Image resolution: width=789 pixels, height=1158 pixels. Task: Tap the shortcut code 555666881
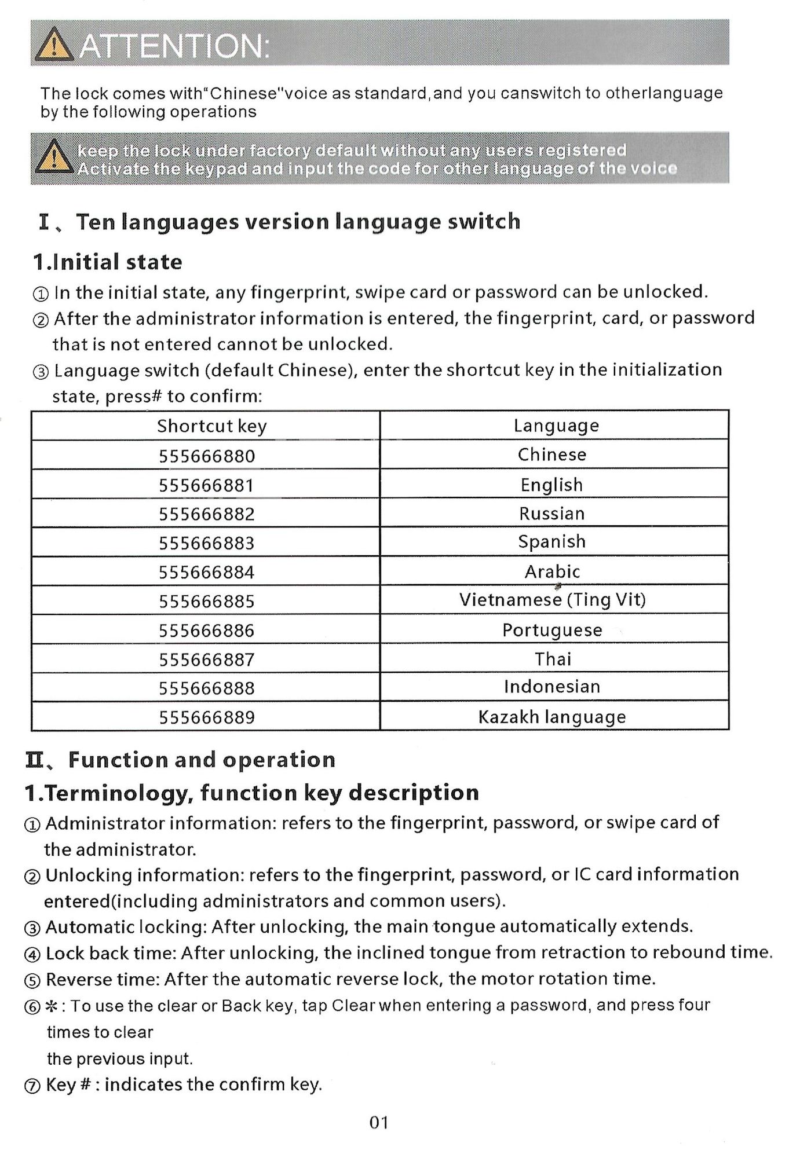(x=206, y=485)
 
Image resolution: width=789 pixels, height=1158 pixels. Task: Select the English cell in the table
(x=551, y=485)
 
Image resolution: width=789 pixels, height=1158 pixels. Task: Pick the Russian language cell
(x=551, y=514)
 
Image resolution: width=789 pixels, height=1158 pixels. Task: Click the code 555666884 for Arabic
(x=206, y=573)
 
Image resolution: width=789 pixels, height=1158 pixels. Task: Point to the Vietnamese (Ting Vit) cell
(x=552, y=600)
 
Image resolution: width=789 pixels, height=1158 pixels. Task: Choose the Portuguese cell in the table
(x=552, y=630)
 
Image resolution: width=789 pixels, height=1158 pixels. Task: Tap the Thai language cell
(x=553, y=659)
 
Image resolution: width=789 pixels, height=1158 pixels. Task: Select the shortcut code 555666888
(x=206, y=688)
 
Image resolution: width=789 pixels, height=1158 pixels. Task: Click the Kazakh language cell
(x=552, y=717)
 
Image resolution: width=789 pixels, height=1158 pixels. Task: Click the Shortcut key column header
(x=211, y=427)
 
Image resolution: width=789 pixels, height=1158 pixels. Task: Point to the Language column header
(x=556, y=426)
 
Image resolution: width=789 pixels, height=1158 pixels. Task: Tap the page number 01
(x=379, y=1123)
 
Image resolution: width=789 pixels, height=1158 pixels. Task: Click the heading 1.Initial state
(x=108, y=262)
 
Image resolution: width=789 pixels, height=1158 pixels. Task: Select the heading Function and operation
(x=202, y=760)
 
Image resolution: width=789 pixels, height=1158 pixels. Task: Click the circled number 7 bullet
(x=32, y=1086)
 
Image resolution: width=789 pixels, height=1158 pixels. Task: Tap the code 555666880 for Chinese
(x=206, y=456)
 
